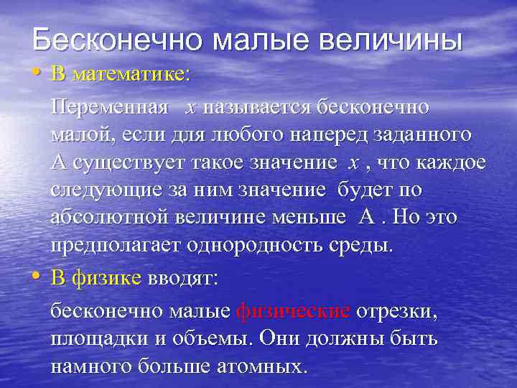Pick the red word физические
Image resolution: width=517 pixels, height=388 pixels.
click(293, 312)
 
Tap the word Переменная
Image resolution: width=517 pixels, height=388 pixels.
click(110, 108)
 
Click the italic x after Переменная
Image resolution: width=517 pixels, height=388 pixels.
click(190, 108)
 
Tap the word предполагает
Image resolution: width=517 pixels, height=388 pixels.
click(116, 245)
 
